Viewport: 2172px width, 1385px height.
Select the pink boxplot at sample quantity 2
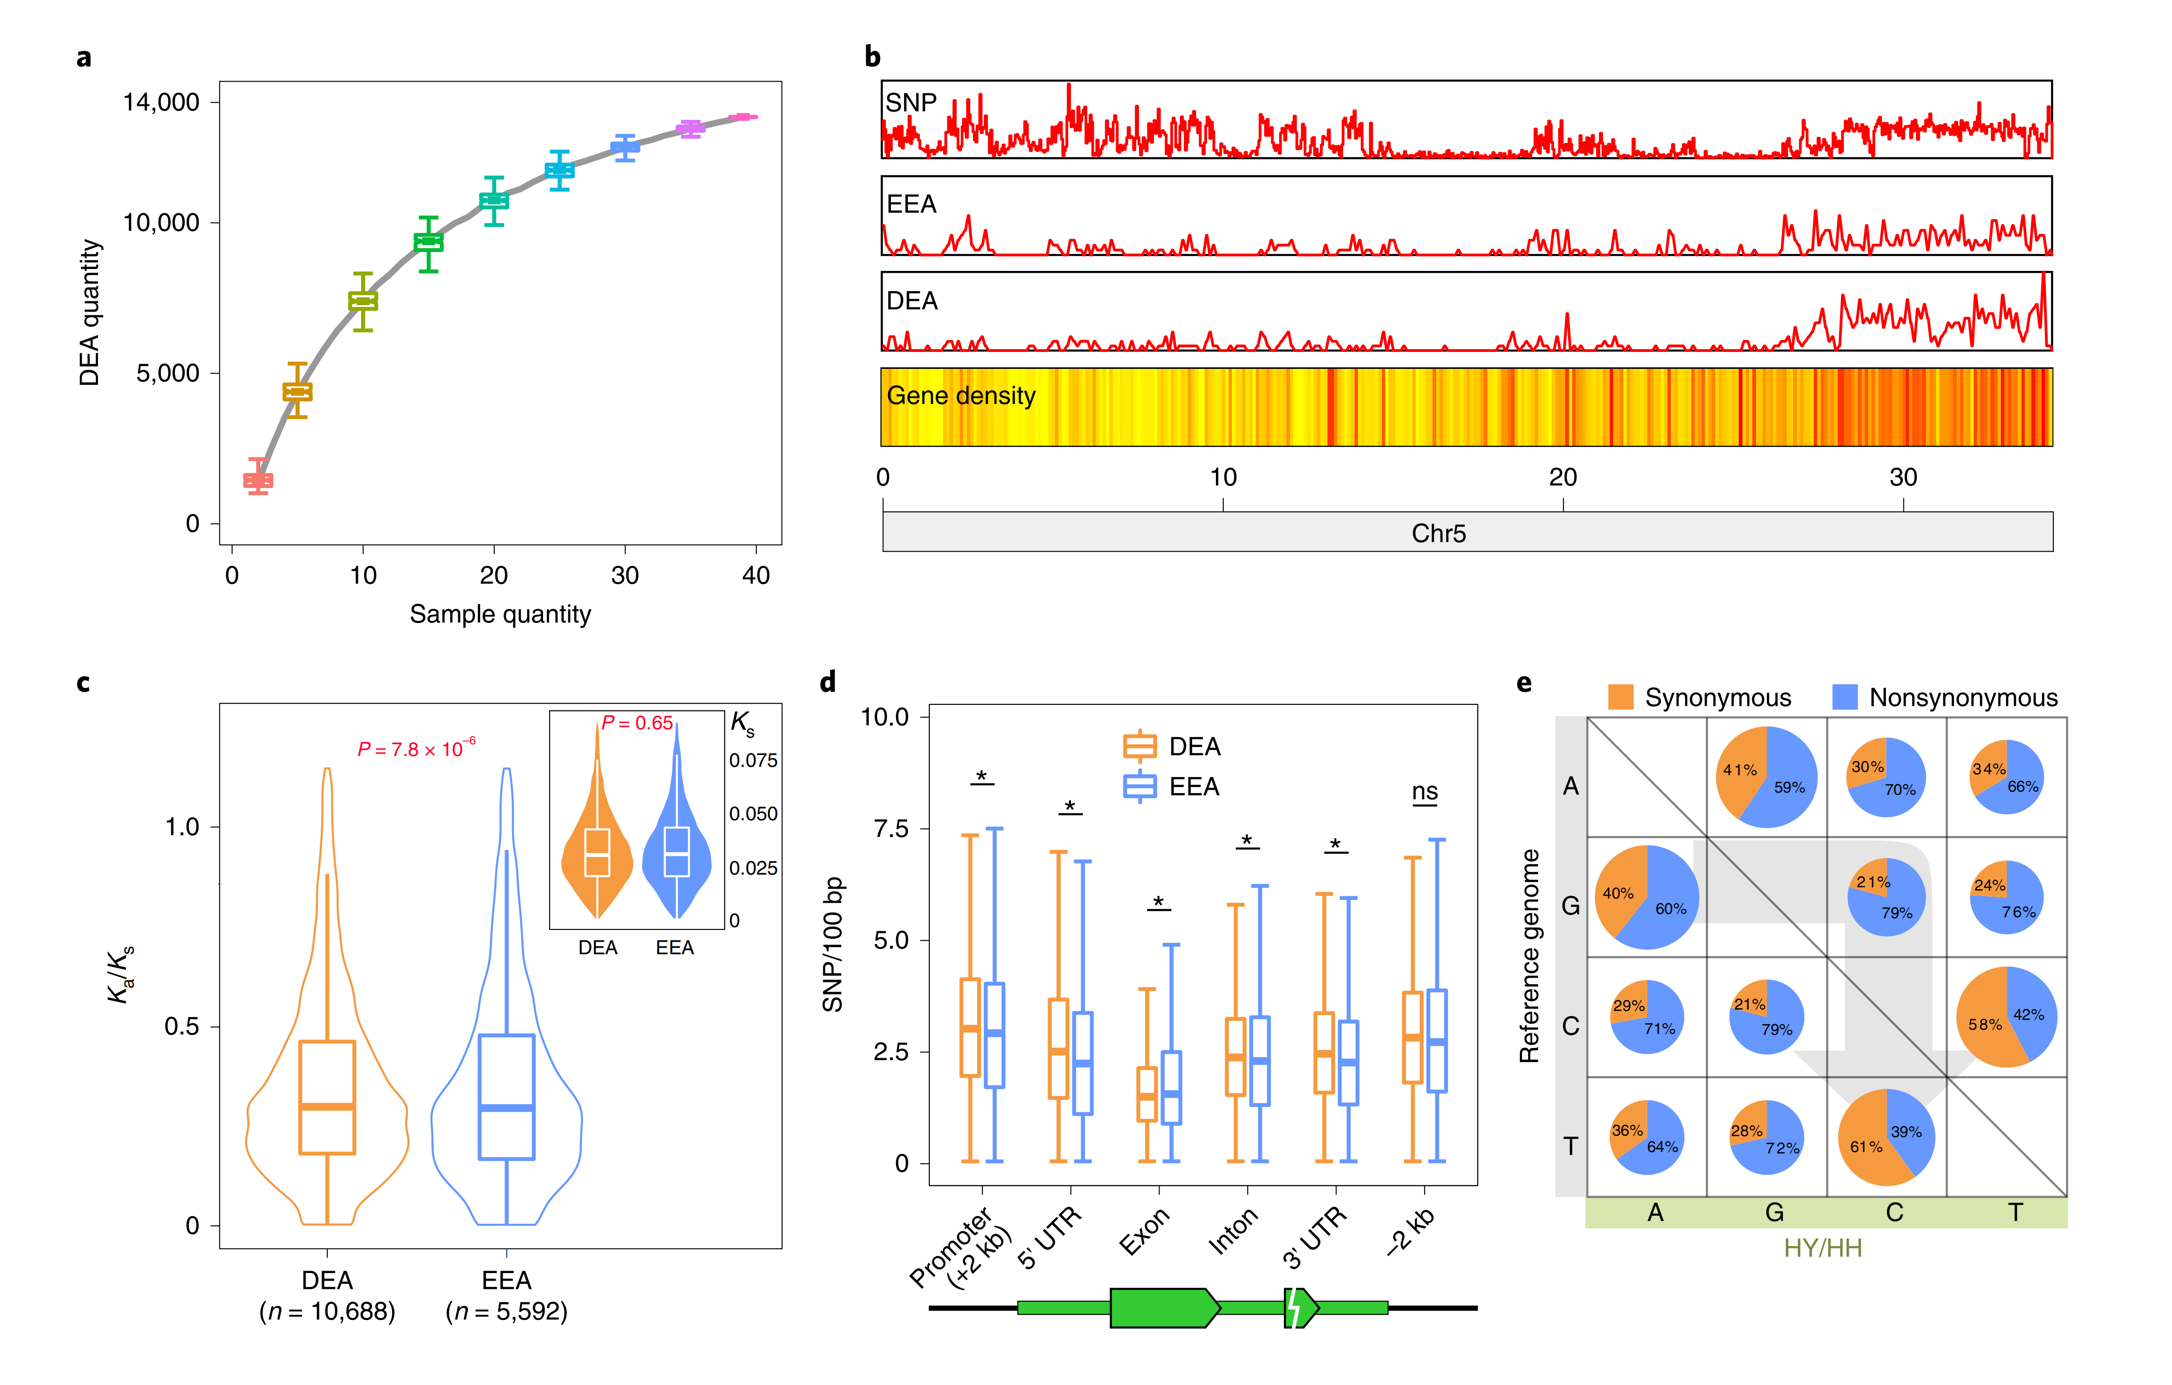[x=258, y=480]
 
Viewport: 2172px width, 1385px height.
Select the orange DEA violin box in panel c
[x=326, y=1097]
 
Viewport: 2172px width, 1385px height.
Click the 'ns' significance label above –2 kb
[x=1424, y=792]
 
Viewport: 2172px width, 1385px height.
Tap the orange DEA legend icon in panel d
[x=1139, y=747]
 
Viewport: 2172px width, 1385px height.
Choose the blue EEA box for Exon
[x=1171, y=1087]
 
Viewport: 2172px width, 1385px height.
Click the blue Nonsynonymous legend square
[x=1845, y=697]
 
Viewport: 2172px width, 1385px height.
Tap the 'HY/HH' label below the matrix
[x=1822, y=1248]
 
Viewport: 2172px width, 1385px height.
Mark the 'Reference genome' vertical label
[x=1529, y=956]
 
